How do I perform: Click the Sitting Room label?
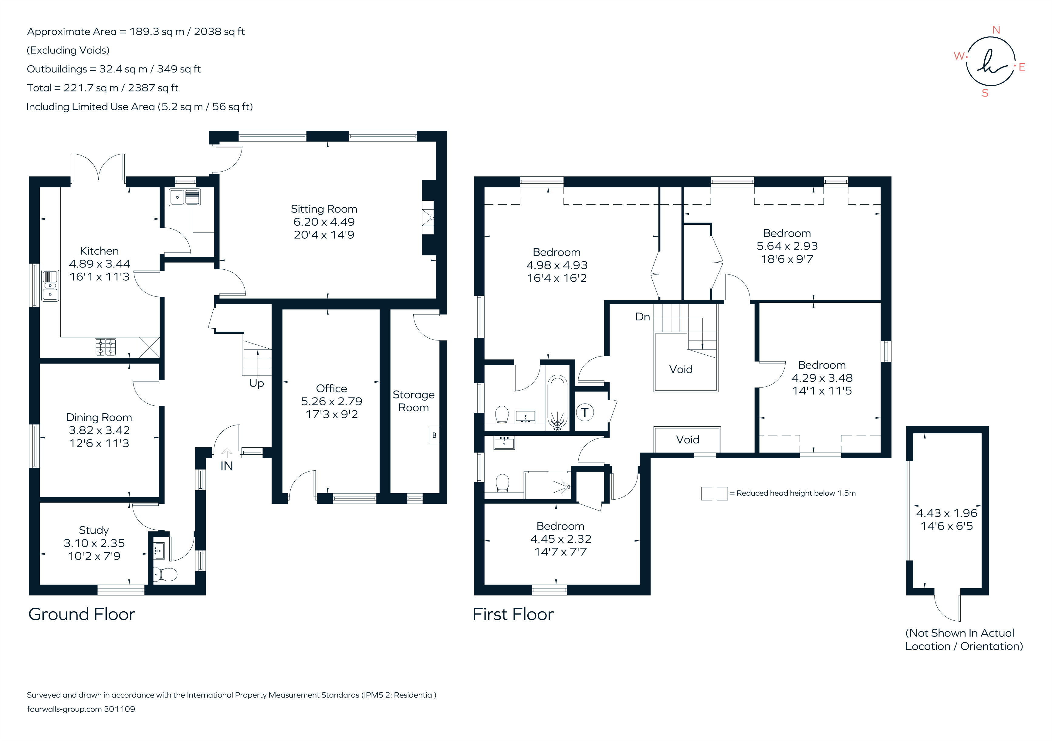click(x=324, y=209)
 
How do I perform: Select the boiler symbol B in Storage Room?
click(x=434, y=435)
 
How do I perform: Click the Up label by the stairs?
click(x=257, y=383)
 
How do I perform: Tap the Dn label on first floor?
click(x=642, y=317)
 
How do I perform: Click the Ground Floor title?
click(x=82, y=614)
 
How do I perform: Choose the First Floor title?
click(x=513, y=614)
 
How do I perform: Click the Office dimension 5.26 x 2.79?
click(x=331, y=401)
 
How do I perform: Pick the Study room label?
click(x=94, y=530)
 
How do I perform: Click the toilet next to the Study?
click(x=166, y=574)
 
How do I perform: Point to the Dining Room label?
click(x=99, y=417)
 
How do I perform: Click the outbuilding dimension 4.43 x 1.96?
click(x=947, y=513)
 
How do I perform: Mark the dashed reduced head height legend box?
click(x=714, y=493)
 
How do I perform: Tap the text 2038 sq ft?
click(x=219, y=32)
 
